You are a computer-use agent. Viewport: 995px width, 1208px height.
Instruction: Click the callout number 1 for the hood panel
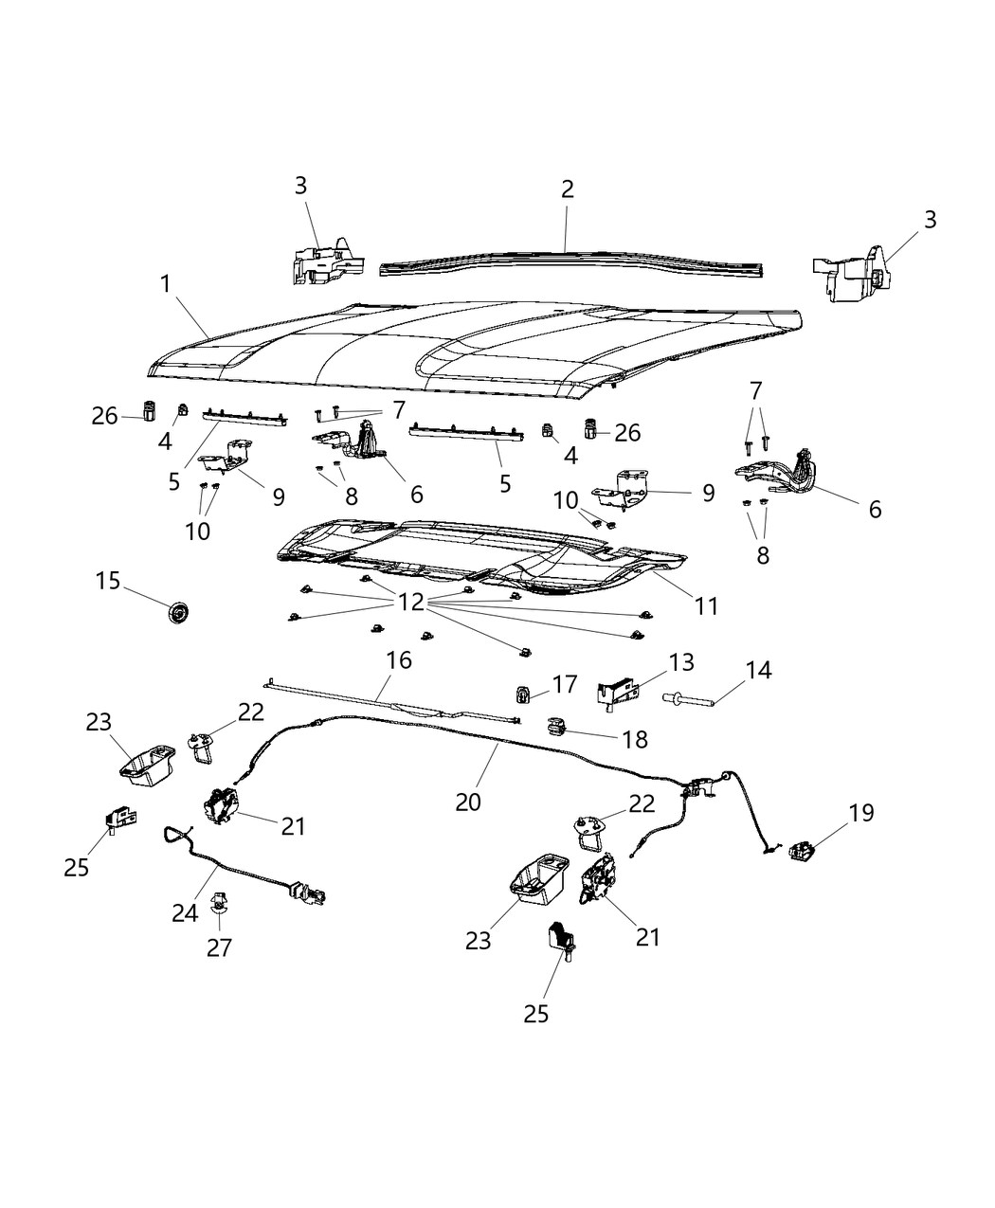(166, 283)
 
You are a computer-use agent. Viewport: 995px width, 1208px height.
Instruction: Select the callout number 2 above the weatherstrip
(567, 189)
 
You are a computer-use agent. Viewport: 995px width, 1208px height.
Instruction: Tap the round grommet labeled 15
(176, 614)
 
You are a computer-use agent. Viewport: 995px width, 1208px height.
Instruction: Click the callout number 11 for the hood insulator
(706, 605)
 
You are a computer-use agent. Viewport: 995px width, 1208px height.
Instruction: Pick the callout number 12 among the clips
(411, 602)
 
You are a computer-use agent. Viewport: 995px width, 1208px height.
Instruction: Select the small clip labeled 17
(523, 694)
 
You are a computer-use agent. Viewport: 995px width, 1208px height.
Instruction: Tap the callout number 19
(861, 813)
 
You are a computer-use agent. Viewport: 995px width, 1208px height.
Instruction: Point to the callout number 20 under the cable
(468, 802)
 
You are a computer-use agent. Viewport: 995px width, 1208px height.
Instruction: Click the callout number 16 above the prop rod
(399, 659)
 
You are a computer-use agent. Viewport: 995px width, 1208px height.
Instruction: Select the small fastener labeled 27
(219, 908)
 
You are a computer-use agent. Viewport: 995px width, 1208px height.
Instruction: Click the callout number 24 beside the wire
(185, 911)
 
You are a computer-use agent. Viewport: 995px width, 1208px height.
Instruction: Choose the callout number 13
(681, 662)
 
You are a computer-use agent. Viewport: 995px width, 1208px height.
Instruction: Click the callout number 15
(108, 580)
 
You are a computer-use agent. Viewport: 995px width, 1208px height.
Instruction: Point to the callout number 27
(219, 947)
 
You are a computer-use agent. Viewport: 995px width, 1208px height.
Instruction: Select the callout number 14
(758, 671)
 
